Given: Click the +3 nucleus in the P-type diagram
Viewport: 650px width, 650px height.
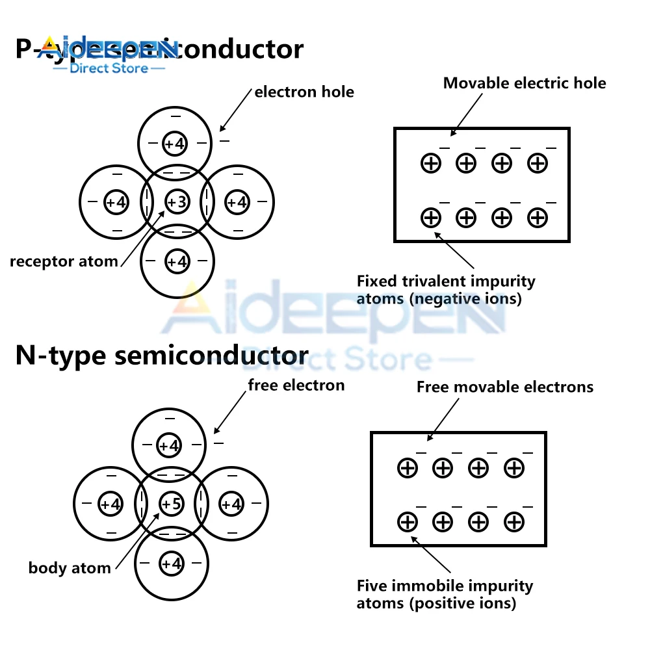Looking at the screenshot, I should coord(177,201).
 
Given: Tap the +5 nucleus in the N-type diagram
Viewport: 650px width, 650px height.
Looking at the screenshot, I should coord(172,503).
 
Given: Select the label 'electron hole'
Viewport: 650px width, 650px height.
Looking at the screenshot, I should coord(304,92).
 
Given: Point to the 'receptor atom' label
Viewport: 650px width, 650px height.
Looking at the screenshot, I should coord(64,262).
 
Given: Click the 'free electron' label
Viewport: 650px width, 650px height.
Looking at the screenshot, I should coord(296,385).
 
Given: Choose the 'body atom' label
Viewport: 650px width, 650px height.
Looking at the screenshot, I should coord(70,568).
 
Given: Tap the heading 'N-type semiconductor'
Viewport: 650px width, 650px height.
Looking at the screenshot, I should coord(162,356).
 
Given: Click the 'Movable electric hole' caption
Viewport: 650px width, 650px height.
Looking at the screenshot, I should coord(525,83).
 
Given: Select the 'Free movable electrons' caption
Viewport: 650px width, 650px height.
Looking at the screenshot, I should coord(505,387).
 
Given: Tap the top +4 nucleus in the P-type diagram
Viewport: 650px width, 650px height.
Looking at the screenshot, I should coord(174,143).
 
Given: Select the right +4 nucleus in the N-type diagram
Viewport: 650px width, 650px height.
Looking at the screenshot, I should coord(231,503).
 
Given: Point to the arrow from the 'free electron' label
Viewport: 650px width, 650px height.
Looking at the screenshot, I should coord(229,413).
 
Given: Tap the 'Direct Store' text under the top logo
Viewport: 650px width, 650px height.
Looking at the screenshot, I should coord(109,68).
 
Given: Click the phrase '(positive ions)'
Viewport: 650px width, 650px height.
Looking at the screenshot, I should coord(463,603).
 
